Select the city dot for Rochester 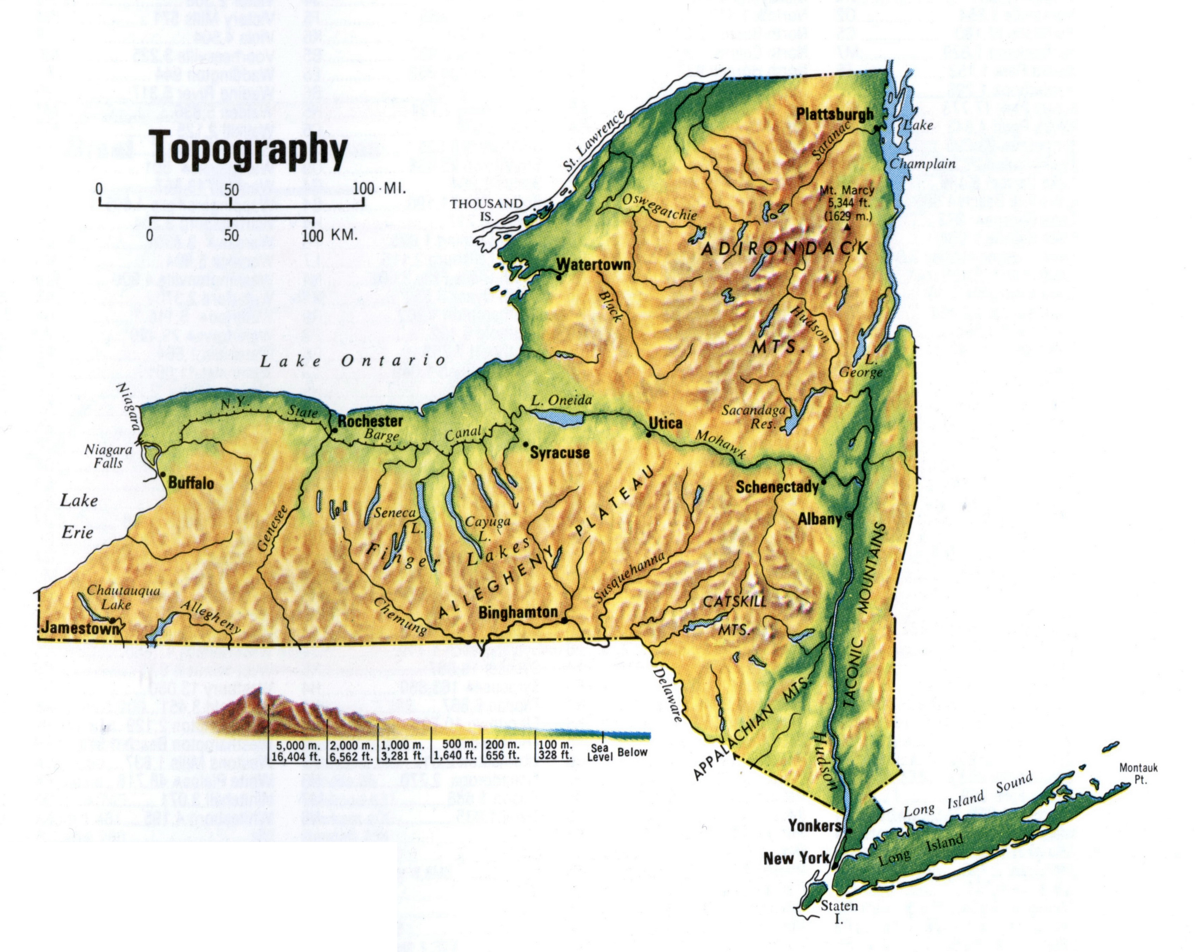click(x=334, y=430)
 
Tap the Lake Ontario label click(x=353, y=361)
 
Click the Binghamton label click(x=518, y=612)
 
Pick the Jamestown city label click(x=80, y=629)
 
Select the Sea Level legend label click(x=600, y=752)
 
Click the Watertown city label click(x=593, y=264)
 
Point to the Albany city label click(x=819, y=519)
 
